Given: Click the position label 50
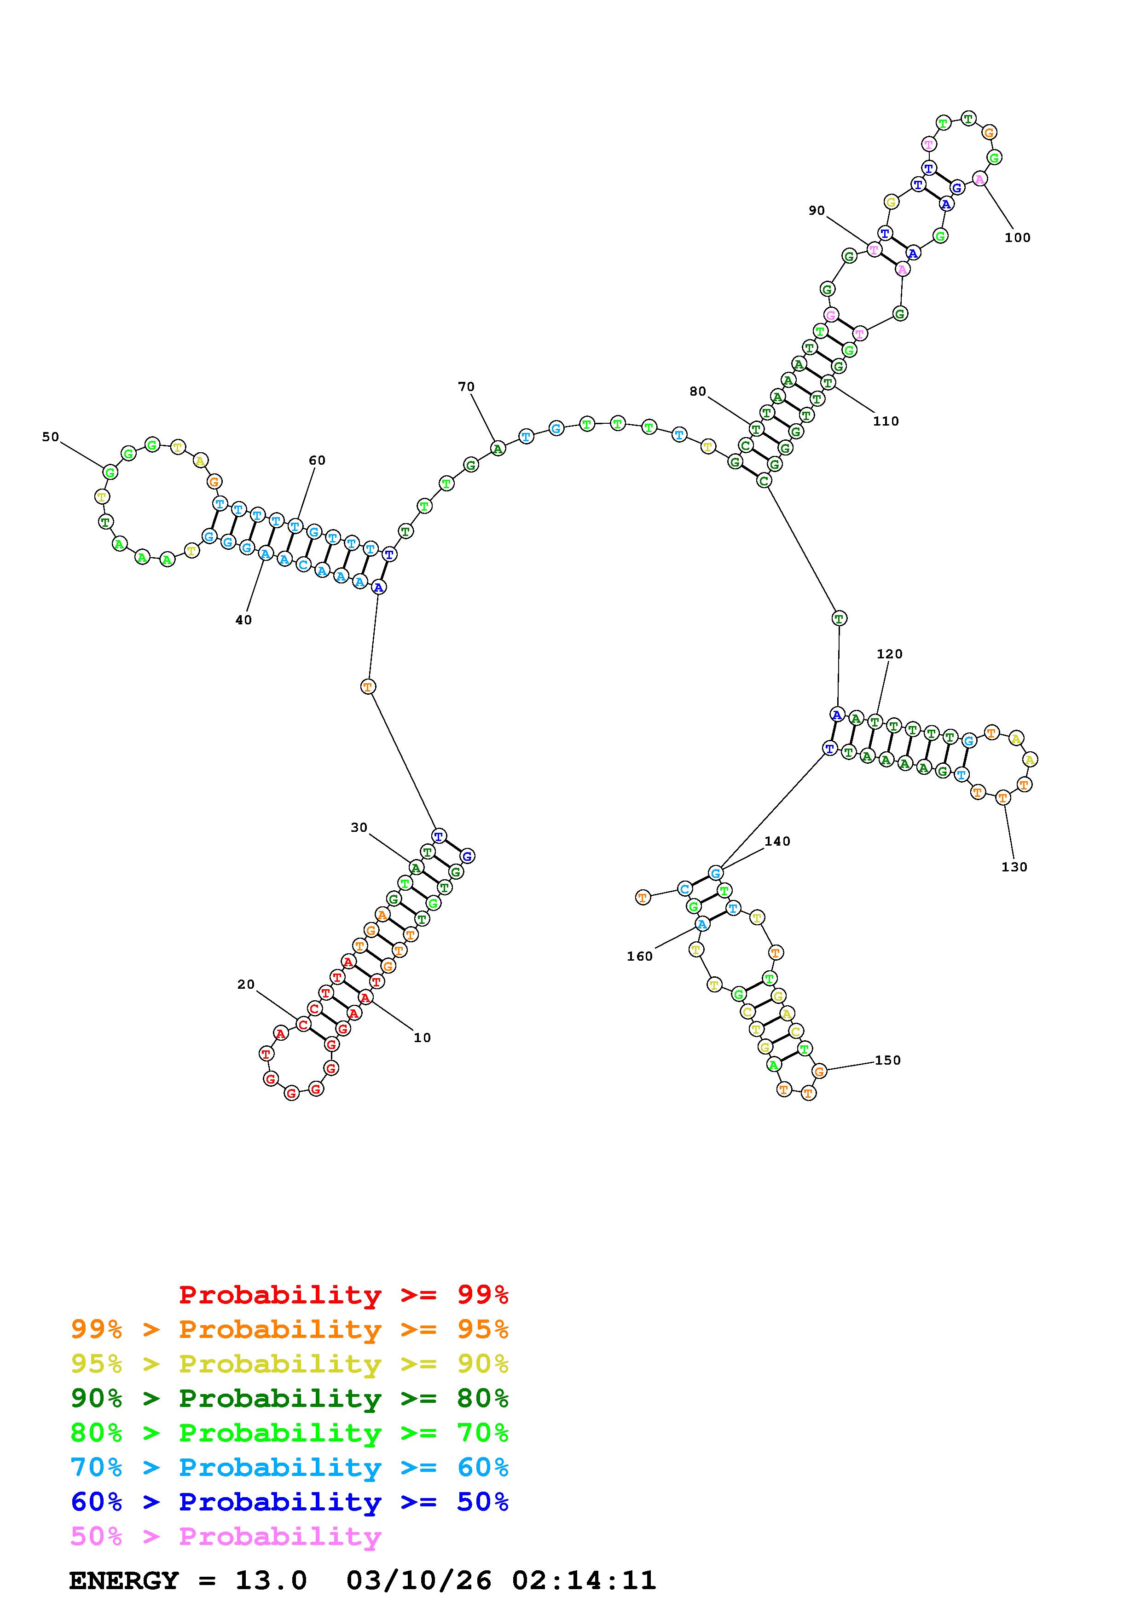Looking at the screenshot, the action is coord(51,437).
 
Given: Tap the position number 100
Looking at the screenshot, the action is coord(1017,237).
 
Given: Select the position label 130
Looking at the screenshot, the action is coord(1014,867).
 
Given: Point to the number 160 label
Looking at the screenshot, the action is coord(640,956).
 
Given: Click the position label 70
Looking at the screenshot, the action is coord(466,386).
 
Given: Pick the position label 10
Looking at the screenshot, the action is coord(422,1038).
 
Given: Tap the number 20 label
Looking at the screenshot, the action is coord(246,984).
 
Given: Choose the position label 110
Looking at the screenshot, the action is coord(886,421).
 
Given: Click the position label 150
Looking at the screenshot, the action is coord(887,1060).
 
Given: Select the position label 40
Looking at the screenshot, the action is coord(243,620).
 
